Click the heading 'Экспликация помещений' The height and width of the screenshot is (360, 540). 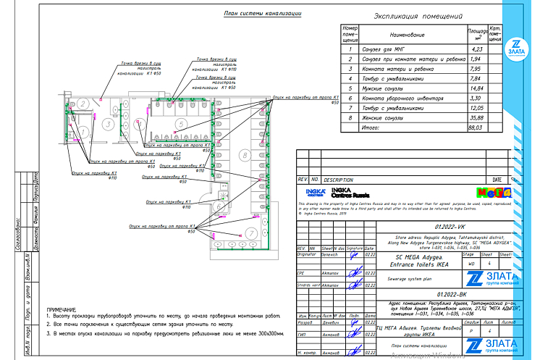418,16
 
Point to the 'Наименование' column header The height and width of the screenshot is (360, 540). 412,34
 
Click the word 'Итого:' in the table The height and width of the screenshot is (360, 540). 371,127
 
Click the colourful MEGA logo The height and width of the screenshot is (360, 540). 494,193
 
